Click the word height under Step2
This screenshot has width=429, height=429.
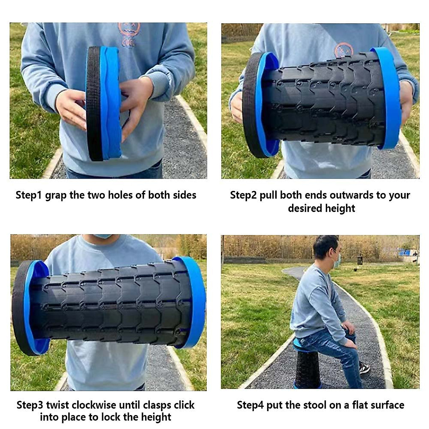340,208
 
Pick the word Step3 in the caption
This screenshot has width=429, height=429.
30,405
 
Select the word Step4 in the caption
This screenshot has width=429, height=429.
250,405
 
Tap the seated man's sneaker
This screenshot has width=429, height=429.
364,368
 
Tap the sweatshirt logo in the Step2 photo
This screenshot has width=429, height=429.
344,50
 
